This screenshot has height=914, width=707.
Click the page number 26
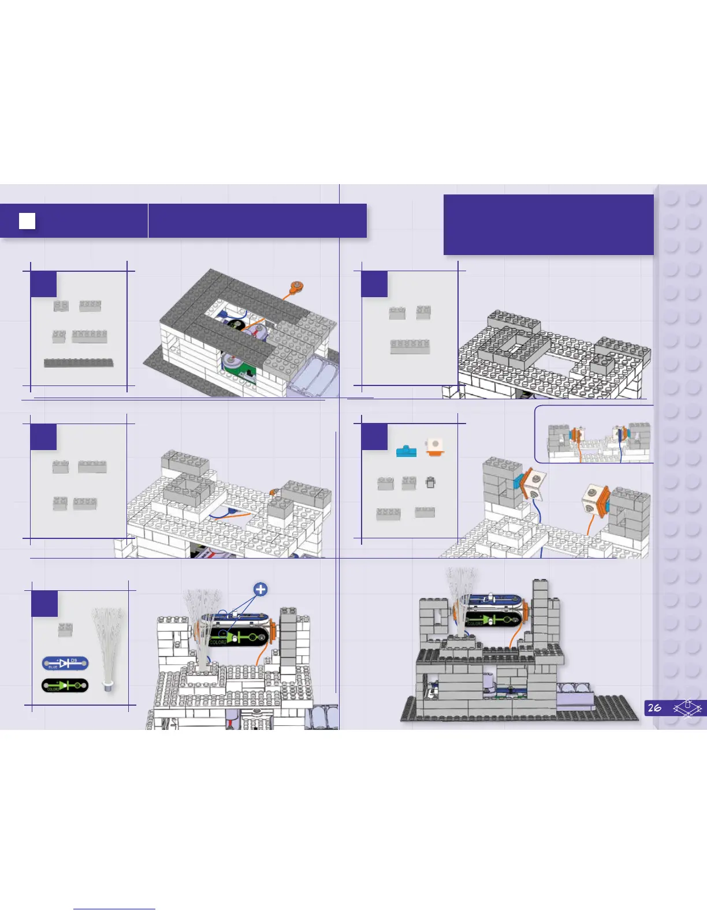coord(654,708)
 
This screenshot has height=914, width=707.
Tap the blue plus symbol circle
coord(261,589)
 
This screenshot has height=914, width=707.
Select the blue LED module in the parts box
coord(65,664)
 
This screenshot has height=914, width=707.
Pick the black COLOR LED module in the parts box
coord(65,685)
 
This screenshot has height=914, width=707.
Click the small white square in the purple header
coord(27,221)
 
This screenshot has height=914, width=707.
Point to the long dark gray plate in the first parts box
coord(79,363)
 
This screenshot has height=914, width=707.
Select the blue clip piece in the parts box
coord(407,451)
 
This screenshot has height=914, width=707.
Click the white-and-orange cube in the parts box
coord(434,446)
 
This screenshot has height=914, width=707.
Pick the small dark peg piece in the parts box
coord(430,482)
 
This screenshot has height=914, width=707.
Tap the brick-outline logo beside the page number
coord(687,708)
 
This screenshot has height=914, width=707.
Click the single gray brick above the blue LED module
coord(65,630)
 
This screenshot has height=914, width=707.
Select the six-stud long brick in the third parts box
coord(410,346)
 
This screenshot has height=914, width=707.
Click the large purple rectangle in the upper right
coord(548,224)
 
